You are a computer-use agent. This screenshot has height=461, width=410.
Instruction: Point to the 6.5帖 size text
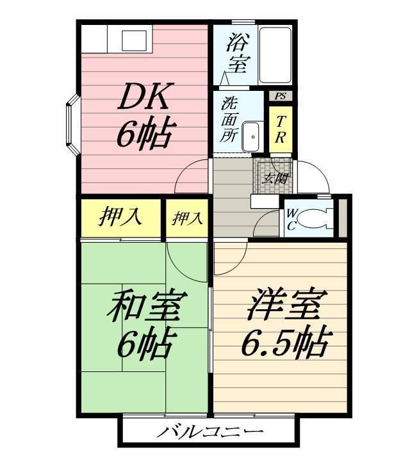tap(284, 344)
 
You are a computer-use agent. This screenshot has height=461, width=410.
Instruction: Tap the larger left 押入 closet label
tap(120, 218)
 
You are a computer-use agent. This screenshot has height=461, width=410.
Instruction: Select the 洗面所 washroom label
tap(229, 119)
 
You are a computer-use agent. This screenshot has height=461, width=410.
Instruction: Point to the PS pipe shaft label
tap(280, 96)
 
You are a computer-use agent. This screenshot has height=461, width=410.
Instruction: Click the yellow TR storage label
tap(281, 127)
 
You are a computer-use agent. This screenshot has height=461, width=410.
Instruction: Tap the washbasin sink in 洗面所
tap(253, 136)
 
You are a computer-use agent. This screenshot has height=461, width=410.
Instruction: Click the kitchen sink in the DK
tap(135, 40)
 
